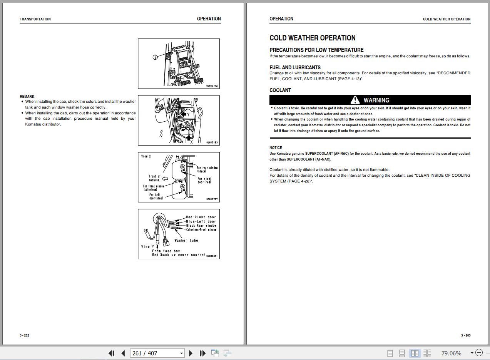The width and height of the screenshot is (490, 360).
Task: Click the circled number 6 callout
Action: coord(155,57)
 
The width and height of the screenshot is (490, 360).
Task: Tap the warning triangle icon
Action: coord(355,100)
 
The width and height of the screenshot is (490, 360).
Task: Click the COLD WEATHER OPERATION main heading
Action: coord(313,38)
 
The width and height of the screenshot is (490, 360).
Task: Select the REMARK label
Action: coord(27,97)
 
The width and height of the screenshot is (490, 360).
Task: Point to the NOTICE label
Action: coord(276,148)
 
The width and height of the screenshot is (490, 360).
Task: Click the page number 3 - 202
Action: coord(24,335)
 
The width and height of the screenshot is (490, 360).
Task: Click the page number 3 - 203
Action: coord(466,335)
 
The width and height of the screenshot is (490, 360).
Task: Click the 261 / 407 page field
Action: coord(157,353)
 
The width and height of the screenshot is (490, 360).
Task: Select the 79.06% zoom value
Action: coord(451,353)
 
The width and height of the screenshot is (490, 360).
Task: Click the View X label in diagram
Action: coord(146,156)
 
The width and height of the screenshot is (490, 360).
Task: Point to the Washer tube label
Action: coord(186,241)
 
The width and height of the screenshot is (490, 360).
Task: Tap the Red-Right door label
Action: coord(201,217)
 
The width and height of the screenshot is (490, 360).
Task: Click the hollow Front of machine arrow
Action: coord(165,179)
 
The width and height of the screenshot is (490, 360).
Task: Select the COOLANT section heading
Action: coord(280,90)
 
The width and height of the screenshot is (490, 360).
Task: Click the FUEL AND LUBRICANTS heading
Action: coord(295,67)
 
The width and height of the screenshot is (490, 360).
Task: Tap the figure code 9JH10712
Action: coord(212,86)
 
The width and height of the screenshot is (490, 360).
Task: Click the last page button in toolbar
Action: coord(203,353)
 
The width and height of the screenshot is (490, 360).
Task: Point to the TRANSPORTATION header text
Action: coord(35,19)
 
